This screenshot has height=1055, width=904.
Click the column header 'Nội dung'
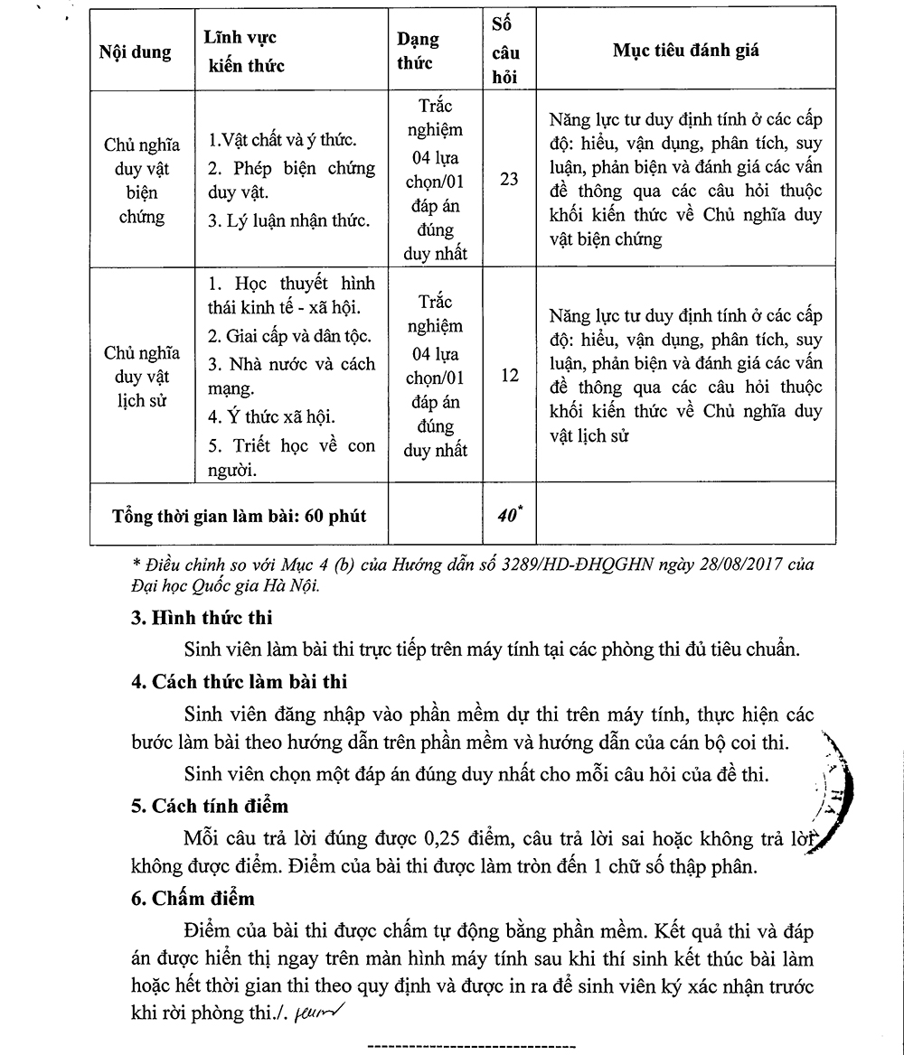click(x=135, y=52)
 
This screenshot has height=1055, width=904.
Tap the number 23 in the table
click(x=509, y=179)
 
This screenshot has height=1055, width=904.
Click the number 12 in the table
click(x=509, y=375)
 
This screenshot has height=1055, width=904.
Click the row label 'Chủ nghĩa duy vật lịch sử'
click(x=142, y=377)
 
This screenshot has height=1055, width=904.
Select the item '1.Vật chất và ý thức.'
click(x=282, y=141)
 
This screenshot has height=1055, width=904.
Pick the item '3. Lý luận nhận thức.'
click(x=288, y=221)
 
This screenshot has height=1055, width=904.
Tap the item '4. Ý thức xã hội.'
click(x=270, y=416)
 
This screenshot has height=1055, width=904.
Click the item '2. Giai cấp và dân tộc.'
click(x=290, y=336)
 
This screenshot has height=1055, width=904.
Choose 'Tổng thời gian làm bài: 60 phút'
click(x=240, y=517)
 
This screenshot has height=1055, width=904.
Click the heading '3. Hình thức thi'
click(x=201, y=619)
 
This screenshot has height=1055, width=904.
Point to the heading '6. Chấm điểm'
click(x=193, y=899)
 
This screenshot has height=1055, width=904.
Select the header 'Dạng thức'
click(x=419, y=51)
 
